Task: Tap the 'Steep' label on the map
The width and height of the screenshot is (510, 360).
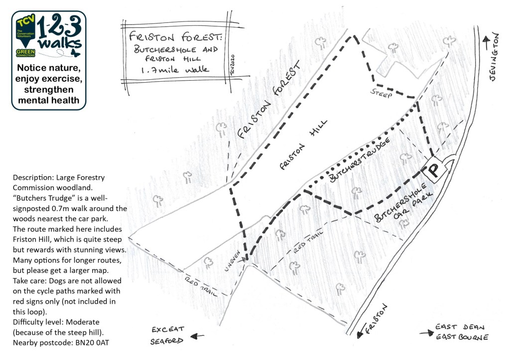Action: click(381, 93)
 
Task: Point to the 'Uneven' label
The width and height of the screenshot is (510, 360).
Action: click(232, 261)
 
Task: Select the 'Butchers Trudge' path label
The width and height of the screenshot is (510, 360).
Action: click(359, 160)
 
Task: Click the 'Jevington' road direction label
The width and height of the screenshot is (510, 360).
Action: click(493, 57)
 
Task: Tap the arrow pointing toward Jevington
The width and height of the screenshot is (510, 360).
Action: click(486, 43)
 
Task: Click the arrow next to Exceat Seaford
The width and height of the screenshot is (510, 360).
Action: click(197, 336)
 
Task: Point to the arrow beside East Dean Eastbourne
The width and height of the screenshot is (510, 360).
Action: click(426, 333)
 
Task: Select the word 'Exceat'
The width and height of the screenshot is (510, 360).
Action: click(168, 330)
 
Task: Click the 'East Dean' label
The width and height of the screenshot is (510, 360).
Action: click(460, 327)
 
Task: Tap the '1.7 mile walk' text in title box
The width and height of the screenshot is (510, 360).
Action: click(175, 70)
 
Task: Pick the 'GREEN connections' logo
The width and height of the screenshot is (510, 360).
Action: click(25, 53)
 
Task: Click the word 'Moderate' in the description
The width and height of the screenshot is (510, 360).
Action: click(83, 322)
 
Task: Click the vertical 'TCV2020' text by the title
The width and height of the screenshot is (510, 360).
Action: click(232, 65)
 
